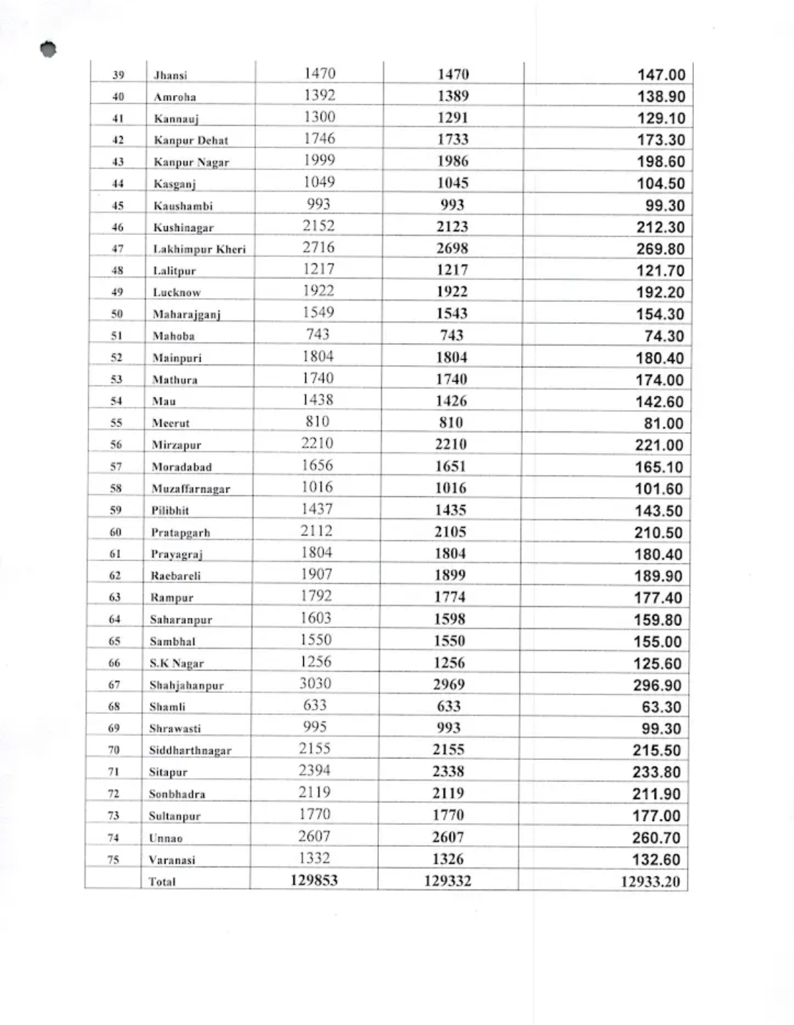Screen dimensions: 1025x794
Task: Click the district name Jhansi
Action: pyautogui.click(x=170, y=75)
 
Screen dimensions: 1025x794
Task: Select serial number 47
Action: pyautogui.click(x=118, y=249)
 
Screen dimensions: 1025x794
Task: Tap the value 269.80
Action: pyautogui.click(x=660, y=249)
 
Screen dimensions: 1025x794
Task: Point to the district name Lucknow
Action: pyautogui.click(x=177, y=292)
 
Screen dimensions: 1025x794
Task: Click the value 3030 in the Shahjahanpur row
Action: pyautogui.click(x=315, y=683)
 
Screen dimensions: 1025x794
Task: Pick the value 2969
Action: pyautogui.click(x=449, y=684)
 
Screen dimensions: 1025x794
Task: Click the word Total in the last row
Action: pyautogui.click(x=162, y=881)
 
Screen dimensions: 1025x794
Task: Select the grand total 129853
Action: pyautogui.click(x=314, y=880)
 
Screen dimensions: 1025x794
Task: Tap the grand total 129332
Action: pyautogui.click(x=447, y=881)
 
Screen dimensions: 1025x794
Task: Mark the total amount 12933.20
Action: pyautogui.click(x=650, y=881)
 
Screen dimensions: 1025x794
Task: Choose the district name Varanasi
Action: pyautogui.click(x=172, y=859)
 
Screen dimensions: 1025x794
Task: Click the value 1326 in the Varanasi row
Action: pyautogui.click(x=448, y=859)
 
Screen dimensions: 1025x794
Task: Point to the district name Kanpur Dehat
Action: pyautogui.click(x=191, y=140)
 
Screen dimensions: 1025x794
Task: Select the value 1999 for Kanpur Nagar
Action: pyautogui.click(x=319, y=160)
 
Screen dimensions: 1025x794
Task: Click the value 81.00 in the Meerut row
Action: pyautogui.click(x=663, y=423)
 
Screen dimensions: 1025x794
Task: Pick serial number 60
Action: pyautogui.click(x=116, y=532)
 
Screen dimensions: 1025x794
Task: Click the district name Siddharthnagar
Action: pyautogui.click(x=190, y=750)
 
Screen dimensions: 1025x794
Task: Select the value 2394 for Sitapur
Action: pyautogui.click(x=314, y=770)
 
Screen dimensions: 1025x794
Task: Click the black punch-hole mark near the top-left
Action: pyautogui.click(x=49, y=49)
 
